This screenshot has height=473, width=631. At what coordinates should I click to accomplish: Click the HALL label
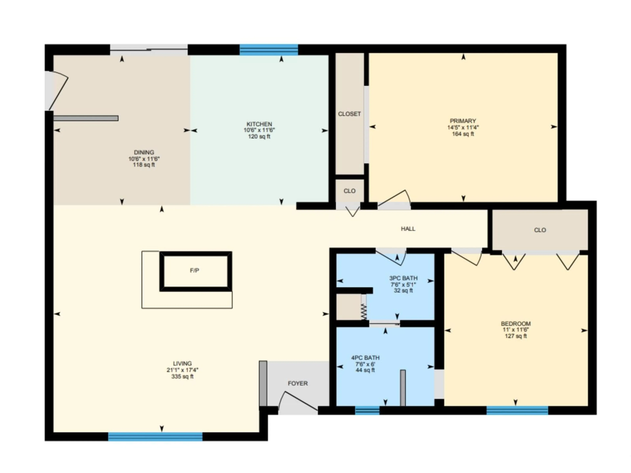(x=408, y=229)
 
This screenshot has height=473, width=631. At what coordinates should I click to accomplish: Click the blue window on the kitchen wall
(x=269, y=50)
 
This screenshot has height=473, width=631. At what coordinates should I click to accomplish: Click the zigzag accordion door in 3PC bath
(x=363, y=311)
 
